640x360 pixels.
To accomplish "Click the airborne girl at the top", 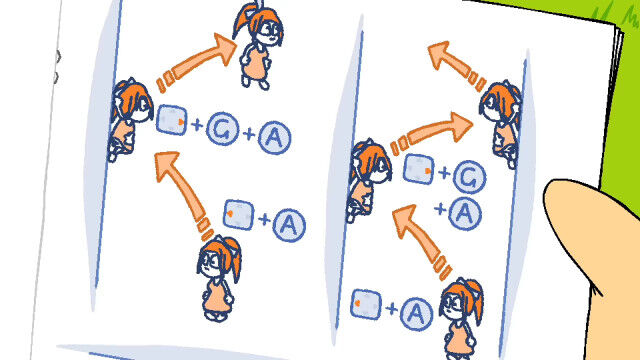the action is (x=258, y=45).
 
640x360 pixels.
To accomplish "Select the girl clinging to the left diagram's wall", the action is (x=129, y=119).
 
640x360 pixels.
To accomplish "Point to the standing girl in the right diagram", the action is (x=461, y=319).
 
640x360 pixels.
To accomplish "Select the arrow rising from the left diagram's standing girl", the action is (x=183, y=193).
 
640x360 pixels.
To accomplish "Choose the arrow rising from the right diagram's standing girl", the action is (x=420, y=241).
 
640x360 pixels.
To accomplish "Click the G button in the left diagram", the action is (x=223, y=129).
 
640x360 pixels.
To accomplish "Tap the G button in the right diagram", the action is (x=469, y=177).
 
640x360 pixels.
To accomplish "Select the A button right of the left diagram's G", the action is (x=274, y=138).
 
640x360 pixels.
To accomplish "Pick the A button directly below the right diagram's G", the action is (x=464, y=213).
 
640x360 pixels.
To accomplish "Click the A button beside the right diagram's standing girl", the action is (x=416, y=313).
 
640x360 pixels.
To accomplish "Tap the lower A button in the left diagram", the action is (x=289, y=224).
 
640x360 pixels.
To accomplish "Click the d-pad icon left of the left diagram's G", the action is (x=171, y=120).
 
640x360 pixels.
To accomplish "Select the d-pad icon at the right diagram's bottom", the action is (x=366, y=304).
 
